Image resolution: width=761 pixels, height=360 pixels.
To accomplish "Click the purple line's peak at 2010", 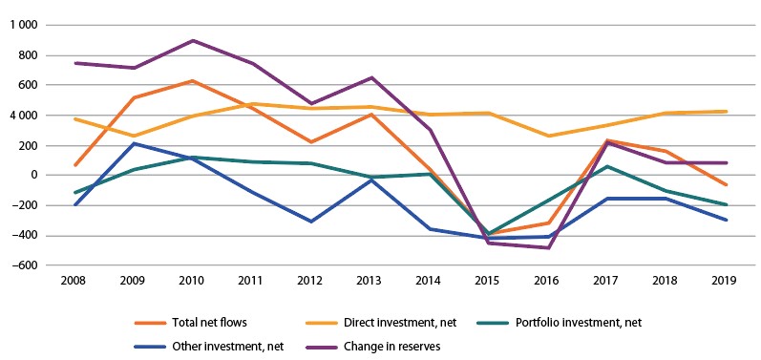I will tap(192, 41).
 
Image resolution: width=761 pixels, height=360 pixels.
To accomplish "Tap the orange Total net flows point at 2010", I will tap(192, 81).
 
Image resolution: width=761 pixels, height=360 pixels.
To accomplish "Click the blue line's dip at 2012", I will tap(311, 222).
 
